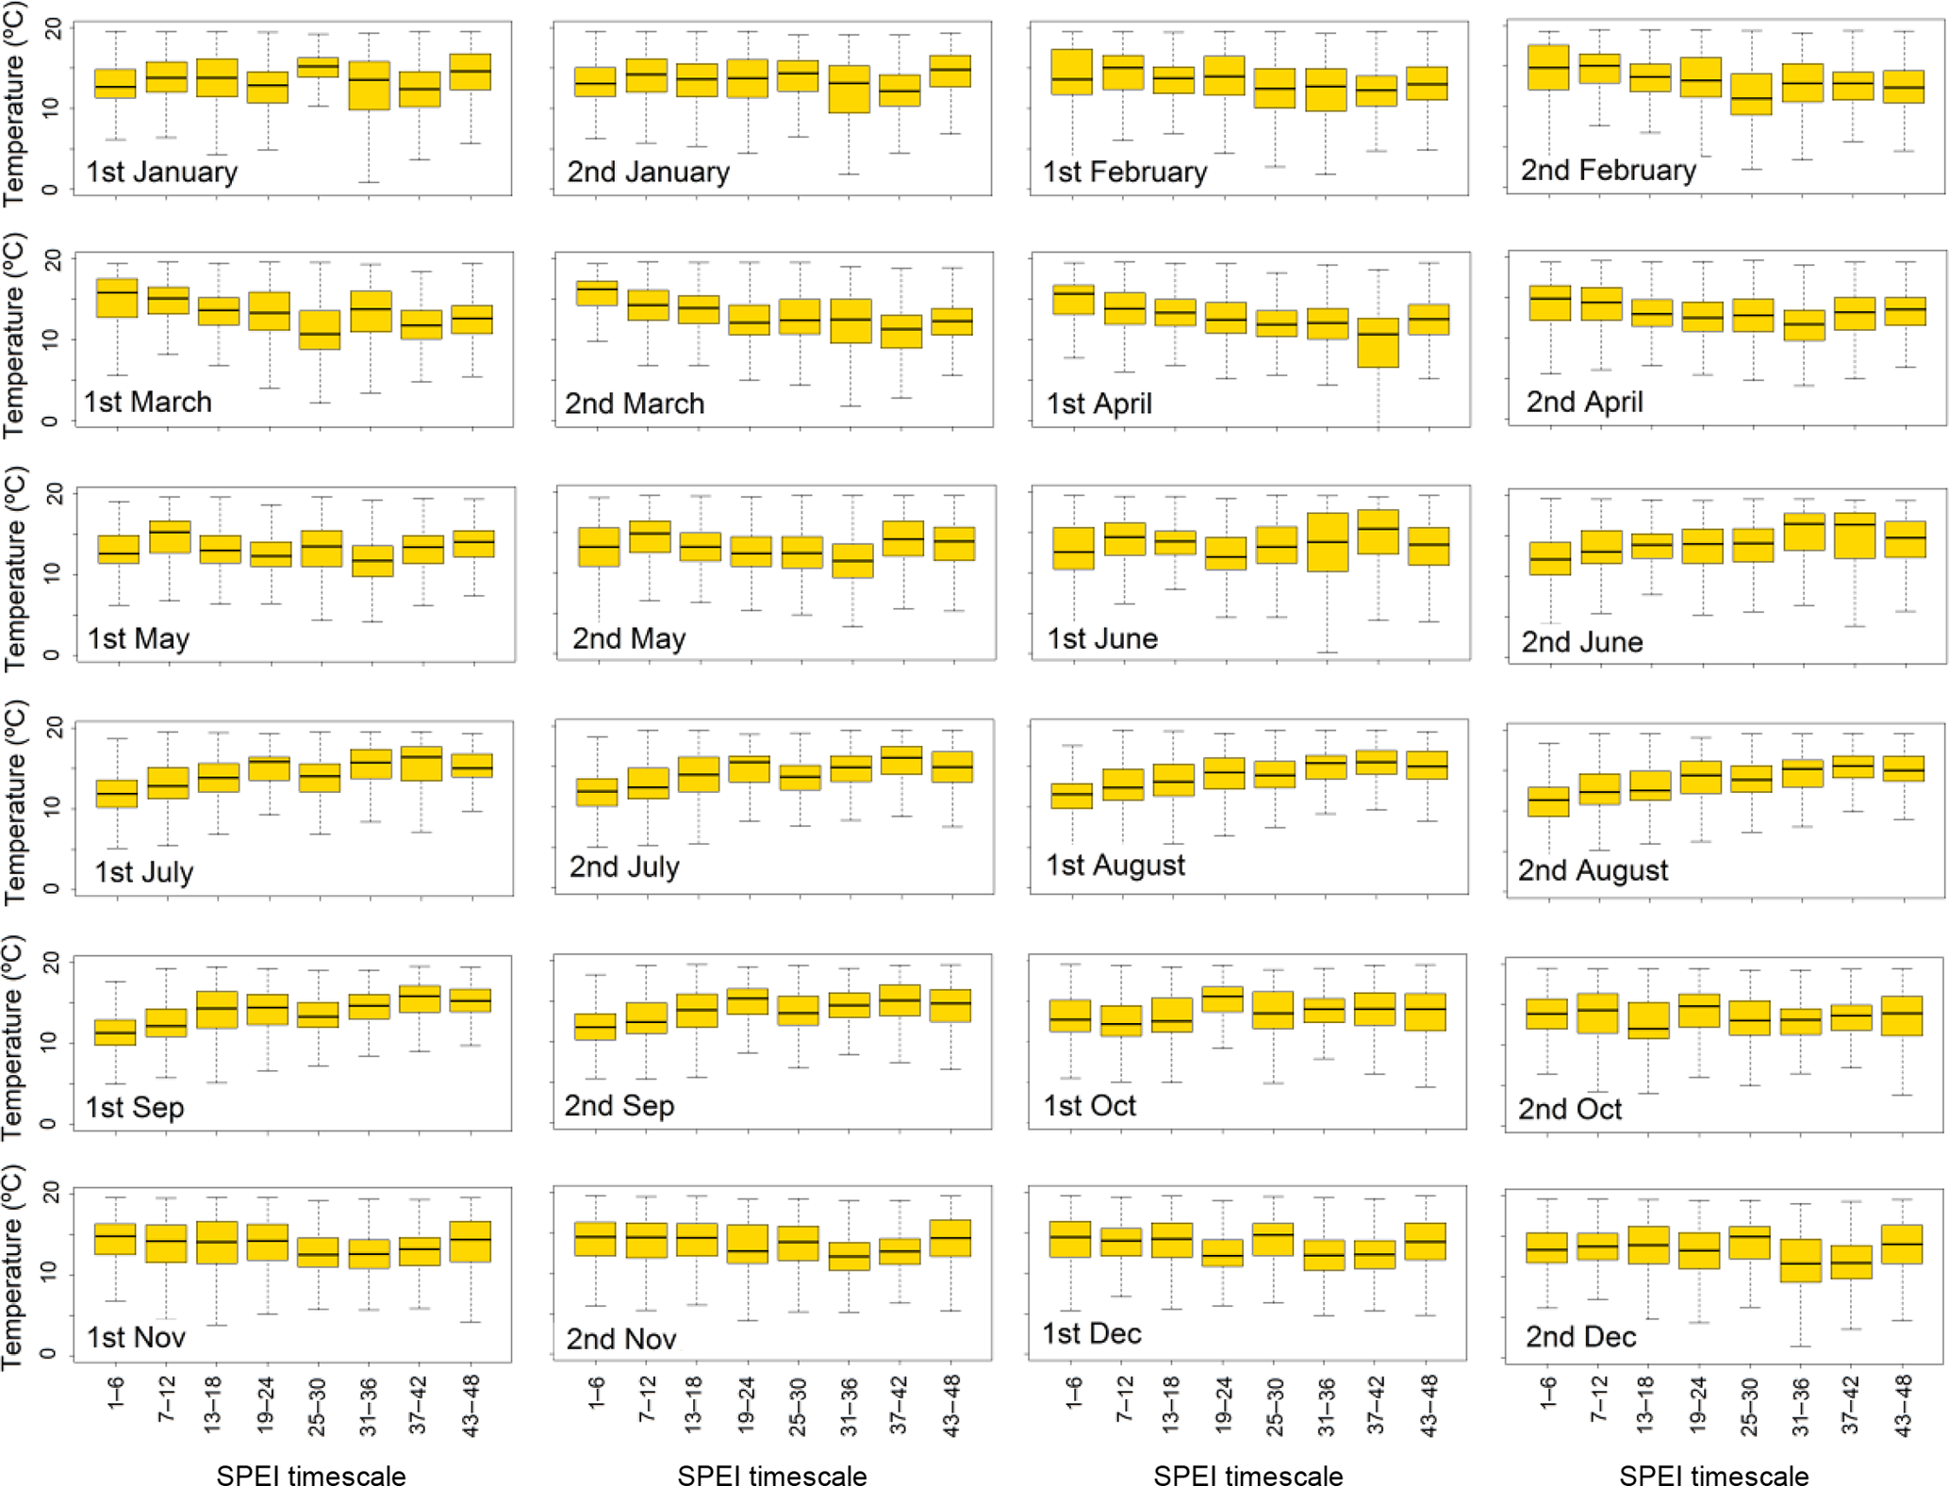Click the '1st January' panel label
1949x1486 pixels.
(161, 173)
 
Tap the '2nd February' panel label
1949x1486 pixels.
(1608, 171)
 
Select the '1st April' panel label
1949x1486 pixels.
(1098, 404)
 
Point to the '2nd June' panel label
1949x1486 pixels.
(1581, 642)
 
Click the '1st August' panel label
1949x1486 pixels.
(1115, 865)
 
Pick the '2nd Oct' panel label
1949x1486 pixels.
(1569, 1109)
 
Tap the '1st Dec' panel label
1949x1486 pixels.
(1091, 1333)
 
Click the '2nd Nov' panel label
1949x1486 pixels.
(620, 1339)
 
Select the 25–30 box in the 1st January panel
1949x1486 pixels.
(318, 67)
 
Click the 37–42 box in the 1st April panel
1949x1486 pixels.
(1379, 342)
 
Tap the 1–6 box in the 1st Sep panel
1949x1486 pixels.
(115, 1032)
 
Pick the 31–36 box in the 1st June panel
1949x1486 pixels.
(1328, 542)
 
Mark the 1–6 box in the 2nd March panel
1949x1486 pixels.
(596, 292)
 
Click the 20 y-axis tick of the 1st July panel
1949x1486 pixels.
(55, 727)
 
